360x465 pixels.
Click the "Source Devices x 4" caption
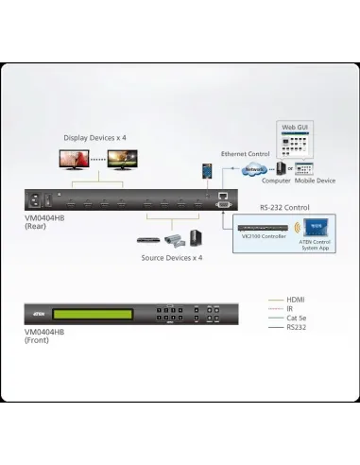(x=171, y=257)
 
